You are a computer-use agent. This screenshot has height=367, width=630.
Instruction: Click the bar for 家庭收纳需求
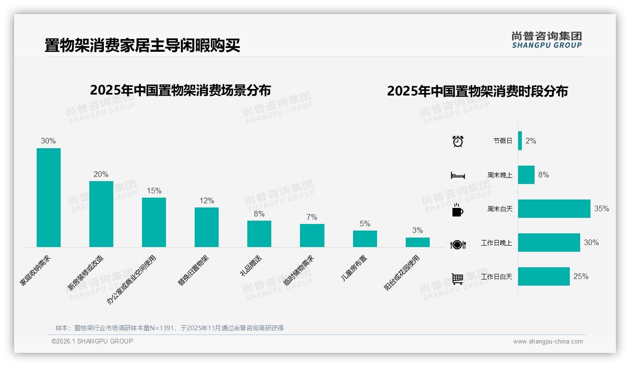pyautogui.click(x=48, y=198)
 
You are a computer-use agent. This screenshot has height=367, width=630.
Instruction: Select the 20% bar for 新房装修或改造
pyautogui.click(x=101, y=214)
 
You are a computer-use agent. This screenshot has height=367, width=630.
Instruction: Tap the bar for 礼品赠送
pyautogui.click(x=259, y=234)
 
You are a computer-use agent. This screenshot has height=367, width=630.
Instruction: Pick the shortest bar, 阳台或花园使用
pyautogui.click(x=417, y=242)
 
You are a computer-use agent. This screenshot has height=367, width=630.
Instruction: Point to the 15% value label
pyautogui.click(x=154, y=191)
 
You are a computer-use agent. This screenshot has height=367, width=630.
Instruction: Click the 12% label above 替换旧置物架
pyautogui.click(x=206, y=201)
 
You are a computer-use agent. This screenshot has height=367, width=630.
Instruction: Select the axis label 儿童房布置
pyautogui.click(x=354, y=268)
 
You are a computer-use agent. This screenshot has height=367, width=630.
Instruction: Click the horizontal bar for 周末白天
pyautogui.click(x=554, y=208)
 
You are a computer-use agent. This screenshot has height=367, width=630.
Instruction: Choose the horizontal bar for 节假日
pyautogui.click(x=520, y=141)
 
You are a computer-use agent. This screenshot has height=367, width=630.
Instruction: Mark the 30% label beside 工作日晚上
pyautogui.click(x=591, y=243)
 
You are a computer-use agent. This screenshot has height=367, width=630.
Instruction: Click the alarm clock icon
pyautogui.click(x=457, y=141)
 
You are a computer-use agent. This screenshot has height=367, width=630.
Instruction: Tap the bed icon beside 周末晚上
pyautogui.click(x=457, y=176)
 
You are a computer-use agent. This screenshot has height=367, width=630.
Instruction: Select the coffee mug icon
pyautogui.click(x=457, y=210)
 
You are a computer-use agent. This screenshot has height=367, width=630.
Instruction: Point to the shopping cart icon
pyautogui.click(x=457, y=279)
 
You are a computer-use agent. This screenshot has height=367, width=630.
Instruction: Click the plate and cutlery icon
pyautogui.click(x=457, y=244)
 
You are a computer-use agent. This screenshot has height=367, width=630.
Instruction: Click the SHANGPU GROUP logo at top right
pyautogui.click(x=546, y=40)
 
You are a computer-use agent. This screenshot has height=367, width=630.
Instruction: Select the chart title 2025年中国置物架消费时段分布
pyautogui.click(x=477, y=91)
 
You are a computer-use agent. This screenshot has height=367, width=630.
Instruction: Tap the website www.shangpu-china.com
pyautogui.click(x=548, y=342)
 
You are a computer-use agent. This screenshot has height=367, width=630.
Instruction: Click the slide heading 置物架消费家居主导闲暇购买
pyautogui.click(x=142, y=46)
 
